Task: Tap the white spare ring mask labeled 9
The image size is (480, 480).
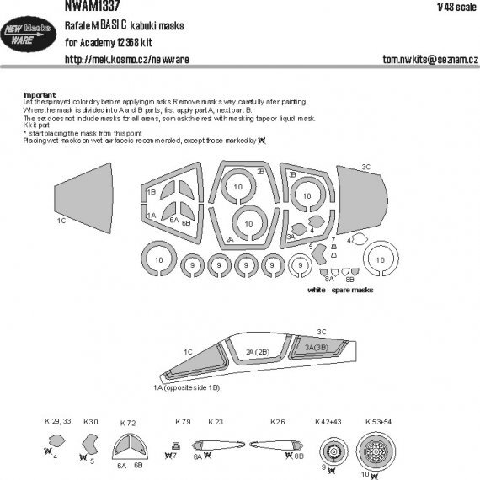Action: pos(296,268)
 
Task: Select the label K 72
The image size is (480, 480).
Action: pos(129,422)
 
